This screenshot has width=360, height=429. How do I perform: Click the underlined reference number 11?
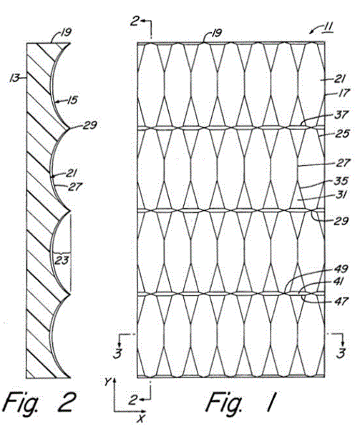328,27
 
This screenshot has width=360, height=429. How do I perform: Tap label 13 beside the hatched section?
14,79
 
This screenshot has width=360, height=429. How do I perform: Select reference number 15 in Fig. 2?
72,100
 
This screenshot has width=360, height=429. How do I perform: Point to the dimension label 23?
62,260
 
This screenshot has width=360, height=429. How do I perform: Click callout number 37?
341,114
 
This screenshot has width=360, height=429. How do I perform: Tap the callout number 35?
341,181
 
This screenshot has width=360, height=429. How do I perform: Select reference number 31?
340,194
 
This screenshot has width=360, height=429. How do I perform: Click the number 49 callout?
341,269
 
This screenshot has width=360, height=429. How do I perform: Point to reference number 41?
339,282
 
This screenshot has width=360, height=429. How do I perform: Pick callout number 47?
341,302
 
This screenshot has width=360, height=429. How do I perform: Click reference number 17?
344,93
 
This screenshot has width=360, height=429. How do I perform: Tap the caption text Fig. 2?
39,402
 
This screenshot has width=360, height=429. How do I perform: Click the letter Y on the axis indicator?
107,382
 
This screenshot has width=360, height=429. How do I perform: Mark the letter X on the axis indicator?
141,418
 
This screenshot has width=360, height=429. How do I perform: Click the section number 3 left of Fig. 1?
117,353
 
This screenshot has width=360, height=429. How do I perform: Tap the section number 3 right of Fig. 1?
341,353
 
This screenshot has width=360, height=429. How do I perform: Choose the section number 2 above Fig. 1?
135,21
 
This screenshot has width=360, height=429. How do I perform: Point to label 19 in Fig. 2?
66,33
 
